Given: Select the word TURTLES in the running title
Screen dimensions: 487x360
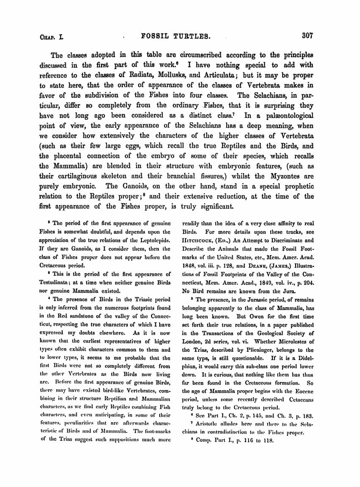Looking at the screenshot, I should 194,36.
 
